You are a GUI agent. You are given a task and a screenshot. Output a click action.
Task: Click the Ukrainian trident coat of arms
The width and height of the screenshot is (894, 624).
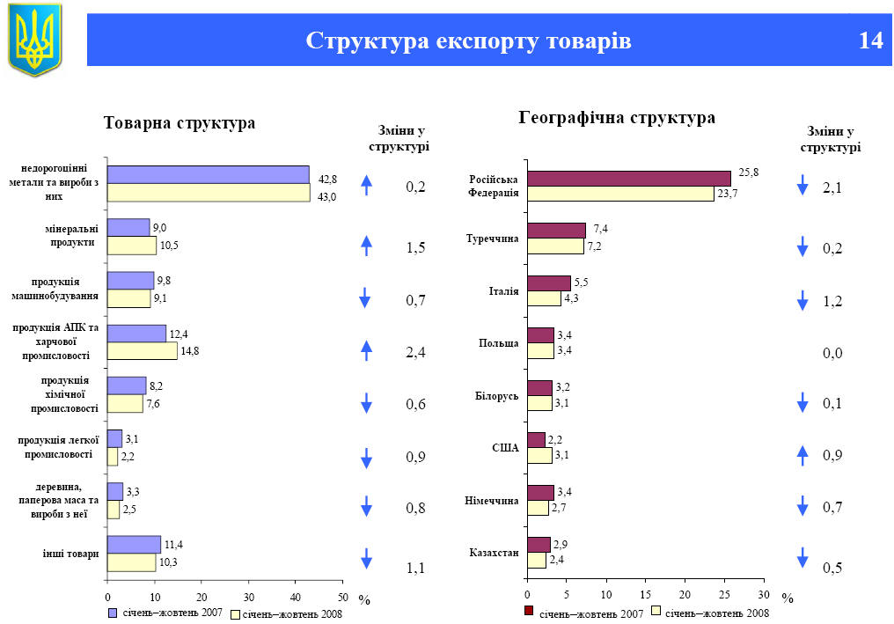tap(35, 39)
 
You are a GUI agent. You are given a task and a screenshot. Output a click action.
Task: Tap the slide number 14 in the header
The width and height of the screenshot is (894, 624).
tap(870, 40)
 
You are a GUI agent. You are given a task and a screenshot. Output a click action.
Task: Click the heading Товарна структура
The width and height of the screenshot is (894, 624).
tap(180, 123)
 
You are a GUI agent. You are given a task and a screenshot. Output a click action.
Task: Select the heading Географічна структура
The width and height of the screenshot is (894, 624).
tap(617, 118)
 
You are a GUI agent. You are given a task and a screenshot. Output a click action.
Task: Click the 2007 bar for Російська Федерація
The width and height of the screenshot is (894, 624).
tap(628, 179)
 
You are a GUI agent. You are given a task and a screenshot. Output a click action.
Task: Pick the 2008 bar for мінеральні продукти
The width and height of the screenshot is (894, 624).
tap(131, 246)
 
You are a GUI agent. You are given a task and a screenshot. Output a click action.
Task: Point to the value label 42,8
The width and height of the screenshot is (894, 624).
tap(328, 179)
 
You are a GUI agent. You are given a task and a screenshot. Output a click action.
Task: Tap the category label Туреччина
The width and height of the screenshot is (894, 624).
tap(492, 239)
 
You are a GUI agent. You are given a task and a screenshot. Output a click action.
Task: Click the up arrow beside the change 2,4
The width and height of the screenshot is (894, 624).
tap(367, 350)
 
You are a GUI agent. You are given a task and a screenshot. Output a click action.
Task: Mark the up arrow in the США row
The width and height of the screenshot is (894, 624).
tap(802, 455)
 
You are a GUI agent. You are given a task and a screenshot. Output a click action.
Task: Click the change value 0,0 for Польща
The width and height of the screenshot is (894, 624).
tap(832, 353)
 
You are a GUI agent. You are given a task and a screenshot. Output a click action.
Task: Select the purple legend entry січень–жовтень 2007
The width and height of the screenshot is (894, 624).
tap(165, 613)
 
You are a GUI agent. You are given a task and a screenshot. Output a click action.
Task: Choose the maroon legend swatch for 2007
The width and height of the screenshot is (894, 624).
tap(529, 612)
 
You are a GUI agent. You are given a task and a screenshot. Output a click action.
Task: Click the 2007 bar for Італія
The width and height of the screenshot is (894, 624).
tap(549, 283)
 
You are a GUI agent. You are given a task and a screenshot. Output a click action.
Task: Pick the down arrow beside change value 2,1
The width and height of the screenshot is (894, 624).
tap(802, 186)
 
